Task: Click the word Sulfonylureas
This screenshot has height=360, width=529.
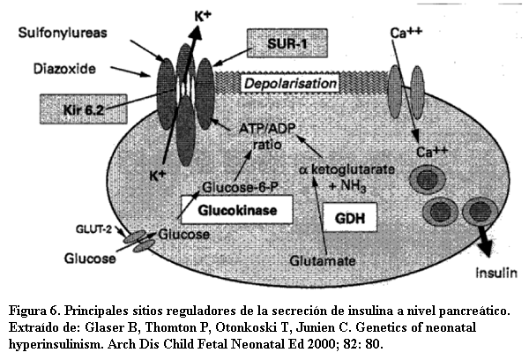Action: click(61, 33)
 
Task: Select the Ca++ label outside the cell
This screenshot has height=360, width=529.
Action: click(407, 34)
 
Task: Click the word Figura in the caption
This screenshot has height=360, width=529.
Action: click(29, 311)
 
